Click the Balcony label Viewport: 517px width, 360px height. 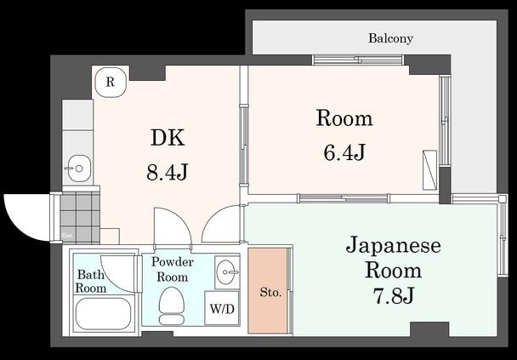pos(390,38)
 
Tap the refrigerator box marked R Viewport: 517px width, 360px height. pos(110,83)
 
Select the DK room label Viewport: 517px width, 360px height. pos(168,139)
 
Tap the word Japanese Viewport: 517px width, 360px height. pos(393,247)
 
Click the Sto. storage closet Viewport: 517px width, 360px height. pos(270,292)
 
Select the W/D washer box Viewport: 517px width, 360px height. pos(220,308)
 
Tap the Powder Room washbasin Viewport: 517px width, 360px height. pos(227,272)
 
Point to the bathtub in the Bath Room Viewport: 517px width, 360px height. pos(103,314)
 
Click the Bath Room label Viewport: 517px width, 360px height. pos(92,282)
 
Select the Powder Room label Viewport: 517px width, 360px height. pos(172,269)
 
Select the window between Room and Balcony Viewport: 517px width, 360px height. pos(357,60)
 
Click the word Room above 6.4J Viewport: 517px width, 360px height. pos(344,118)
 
